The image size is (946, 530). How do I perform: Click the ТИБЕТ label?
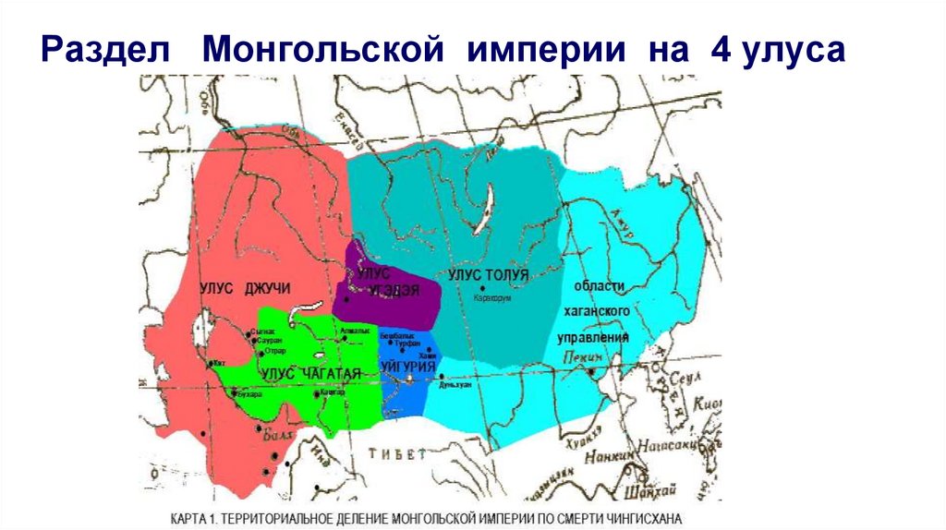point(397,453)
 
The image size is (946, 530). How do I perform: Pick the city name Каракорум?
point(491,298)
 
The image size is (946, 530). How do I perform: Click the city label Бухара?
point(250,394)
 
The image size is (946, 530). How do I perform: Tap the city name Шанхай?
point(647,489)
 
